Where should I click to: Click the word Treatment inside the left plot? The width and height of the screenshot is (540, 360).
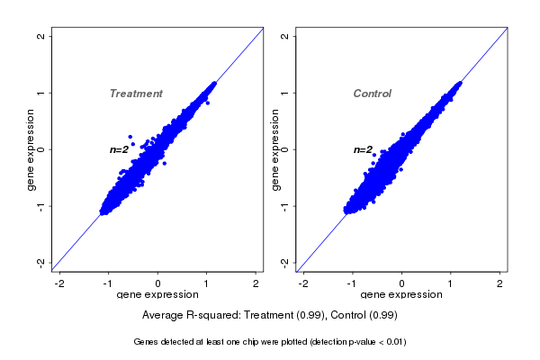[136, 94]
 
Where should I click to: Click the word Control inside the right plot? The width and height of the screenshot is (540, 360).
[372, 94]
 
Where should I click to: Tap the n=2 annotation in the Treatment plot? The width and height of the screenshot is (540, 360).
[120, 149]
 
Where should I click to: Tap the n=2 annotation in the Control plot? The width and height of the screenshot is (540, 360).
[363, 149]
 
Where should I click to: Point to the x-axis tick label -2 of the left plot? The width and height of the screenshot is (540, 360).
[60, 284]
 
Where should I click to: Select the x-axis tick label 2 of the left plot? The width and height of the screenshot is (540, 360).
[256, 284]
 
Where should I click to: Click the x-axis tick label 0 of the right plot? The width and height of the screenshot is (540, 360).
[402, 284]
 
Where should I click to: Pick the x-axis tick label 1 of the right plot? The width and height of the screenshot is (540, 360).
[452, 284]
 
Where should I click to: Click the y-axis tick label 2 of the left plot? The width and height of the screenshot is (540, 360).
[41, 36]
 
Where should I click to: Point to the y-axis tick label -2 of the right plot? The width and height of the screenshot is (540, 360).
[285, 262]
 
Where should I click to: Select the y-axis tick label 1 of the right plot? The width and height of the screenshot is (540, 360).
[285, 93]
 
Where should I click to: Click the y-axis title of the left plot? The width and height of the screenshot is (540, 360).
[31, 149]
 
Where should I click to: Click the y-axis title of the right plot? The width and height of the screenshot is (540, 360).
[275, 149]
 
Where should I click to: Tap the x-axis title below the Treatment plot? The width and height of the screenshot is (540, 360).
[157, 295]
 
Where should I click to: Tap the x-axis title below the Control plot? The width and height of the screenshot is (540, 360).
[401, 295]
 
